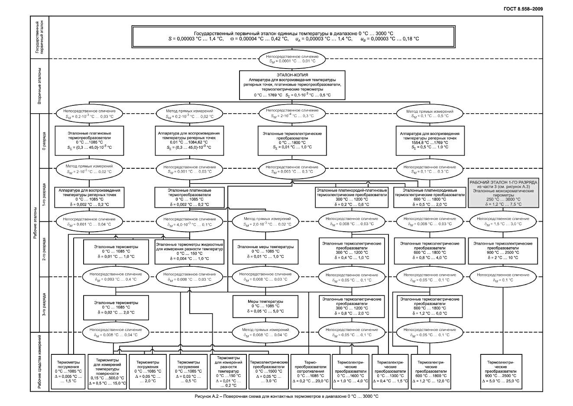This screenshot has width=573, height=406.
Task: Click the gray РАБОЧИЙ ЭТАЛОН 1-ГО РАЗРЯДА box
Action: click(503, 193)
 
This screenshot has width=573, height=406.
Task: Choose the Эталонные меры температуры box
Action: click(265, 252)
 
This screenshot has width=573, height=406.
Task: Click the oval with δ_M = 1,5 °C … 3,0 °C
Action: click(502, 221)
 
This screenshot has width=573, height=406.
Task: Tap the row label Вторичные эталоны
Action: click(39, 85)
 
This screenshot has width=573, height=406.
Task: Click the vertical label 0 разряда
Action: click(44, 141)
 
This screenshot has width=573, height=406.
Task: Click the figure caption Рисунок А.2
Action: click(286, 396)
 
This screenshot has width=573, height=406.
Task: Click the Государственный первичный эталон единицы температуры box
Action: click(293, 36)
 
